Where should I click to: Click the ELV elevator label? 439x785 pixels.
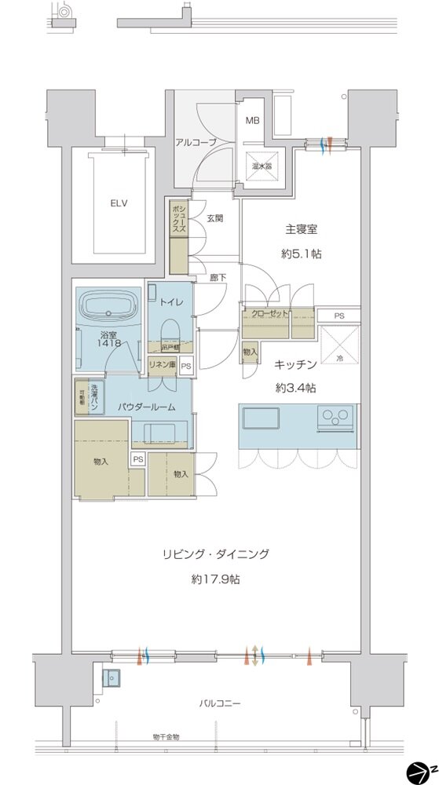(119, 203)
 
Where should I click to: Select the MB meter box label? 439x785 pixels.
(252, 121)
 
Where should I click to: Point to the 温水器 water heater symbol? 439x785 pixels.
(262, 166)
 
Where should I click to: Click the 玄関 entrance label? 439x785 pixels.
(215, 219)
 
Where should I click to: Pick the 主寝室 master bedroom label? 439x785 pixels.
(302, 231)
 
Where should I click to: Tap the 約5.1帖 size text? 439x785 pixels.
(302, 254)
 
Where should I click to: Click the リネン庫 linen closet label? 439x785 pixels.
(163, 366)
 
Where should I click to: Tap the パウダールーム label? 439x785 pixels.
(146, 408)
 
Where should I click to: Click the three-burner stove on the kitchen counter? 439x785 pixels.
(336, 418)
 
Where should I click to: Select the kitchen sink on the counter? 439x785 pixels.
(262, 418)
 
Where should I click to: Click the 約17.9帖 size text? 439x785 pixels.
(214, 579)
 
